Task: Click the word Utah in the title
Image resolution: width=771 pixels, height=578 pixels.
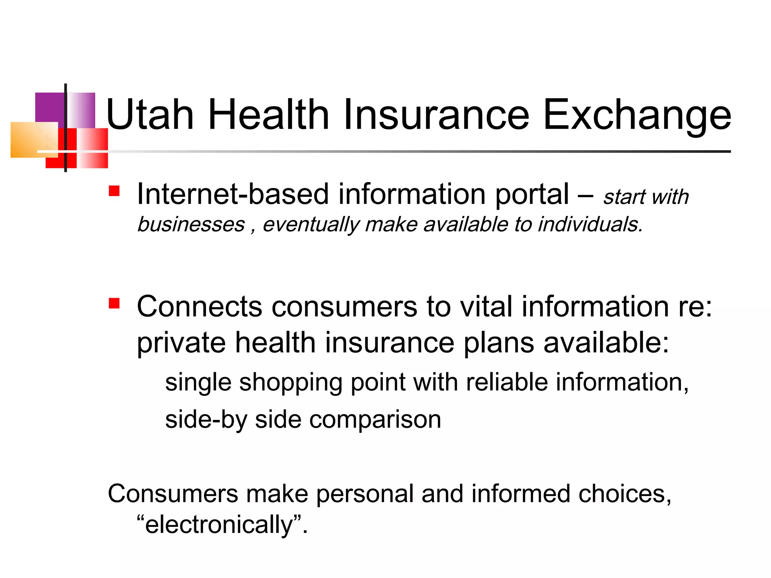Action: pos(150,114)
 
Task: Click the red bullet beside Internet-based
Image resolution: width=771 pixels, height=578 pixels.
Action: pos(114,191)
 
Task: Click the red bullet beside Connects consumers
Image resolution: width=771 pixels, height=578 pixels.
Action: pos(114,303)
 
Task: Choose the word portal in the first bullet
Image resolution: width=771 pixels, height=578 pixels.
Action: pos(532,195)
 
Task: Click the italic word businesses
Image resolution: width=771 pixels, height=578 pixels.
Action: pos(191,225)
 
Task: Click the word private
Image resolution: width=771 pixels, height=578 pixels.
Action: pos(181,343)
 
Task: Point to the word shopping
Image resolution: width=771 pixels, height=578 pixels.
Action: pos(291,383)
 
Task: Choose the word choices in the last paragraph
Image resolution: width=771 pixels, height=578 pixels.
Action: pos(625,494)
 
